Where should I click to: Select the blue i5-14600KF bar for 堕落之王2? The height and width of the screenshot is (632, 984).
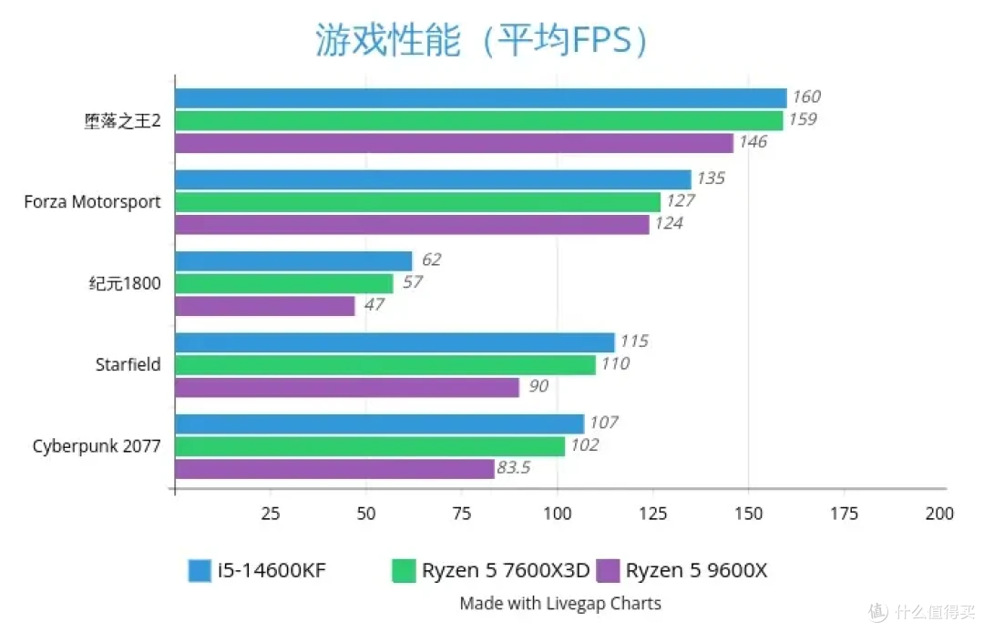pos(480,98)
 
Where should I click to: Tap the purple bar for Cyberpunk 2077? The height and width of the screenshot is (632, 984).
pos(334,469)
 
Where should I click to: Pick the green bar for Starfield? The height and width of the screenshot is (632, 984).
pos(384,365)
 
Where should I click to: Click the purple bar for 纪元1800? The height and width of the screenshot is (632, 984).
pos(264,306)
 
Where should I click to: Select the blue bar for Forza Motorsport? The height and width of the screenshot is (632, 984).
pos(433,179)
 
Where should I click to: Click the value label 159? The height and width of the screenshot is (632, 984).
pos(803,119)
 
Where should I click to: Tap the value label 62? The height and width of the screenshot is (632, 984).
pos(431,260)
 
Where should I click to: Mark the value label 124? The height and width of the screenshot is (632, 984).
pos(669,223)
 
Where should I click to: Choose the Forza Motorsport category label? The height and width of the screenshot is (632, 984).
pos(92,202)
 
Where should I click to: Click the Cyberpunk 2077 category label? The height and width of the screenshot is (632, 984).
pos(97,446)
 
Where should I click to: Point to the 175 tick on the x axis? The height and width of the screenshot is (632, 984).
pos(844,514)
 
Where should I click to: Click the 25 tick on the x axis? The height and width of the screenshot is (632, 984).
pos(270,514)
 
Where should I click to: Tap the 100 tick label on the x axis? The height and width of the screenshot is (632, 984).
pos(557,514)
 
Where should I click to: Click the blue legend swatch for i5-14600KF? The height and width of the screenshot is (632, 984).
pos(200,571)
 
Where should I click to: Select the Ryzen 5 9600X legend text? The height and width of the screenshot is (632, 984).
pos(696,571)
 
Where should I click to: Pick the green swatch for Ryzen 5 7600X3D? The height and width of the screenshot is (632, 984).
pos(404,571)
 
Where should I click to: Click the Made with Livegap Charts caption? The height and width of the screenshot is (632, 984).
pos(560,603)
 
